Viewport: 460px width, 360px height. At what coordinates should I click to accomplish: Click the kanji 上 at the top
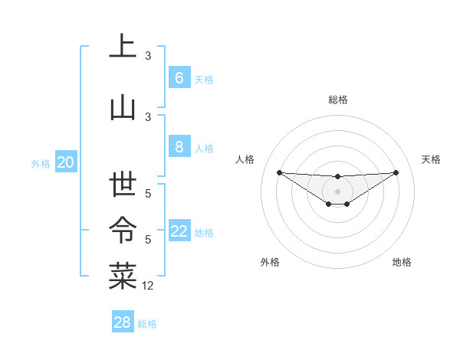click(x=123, y=47)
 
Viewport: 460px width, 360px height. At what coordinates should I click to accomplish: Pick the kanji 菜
click(x=123, y=276)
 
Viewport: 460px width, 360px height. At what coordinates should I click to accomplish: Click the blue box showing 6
click(x=179, y=78)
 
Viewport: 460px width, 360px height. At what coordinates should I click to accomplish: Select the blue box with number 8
click(x=179, y=147)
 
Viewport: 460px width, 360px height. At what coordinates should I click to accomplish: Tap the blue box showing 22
click(x=179, y=231)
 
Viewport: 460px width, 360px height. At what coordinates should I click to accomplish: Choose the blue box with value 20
click(x=65, y=162)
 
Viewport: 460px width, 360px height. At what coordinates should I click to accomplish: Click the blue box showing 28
click(x=122, y=322)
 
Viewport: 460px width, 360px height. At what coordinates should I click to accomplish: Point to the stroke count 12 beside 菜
click(x=148, y=285)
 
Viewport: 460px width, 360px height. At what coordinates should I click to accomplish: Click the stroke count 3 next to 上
click(x=148, y=56)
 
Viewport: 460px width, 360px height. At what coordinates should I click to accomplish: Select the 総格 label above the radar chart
click(x=337, y=100)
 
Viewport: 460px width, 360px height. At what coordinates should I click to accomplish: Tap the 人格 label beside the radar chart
click(x=245, y=159)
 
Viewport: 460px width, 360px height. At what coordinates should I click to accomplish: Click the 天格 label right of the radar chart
click(x=432, y=159)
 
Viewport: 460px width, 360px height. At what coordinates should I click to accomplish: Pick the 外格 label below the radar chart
click(x=270, y=262)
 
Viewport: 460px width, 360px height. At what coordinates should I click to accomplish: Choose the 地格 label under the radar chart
click(x=402, y=262)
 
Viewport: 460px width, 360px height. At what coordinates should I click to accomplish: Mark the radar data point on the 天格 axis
click(x=396, y=172)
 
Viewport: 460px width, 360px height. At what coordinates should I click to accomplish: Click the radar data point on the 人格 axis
click(x=279, y=172)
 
